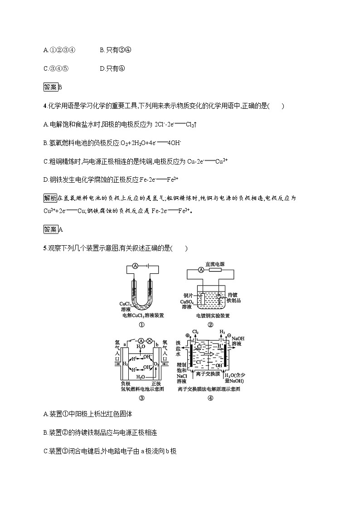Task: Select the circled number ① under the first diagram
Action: point(141,325)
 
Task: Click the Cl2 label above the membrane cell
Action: point(196,332)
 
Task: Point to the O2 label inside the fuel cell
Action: point(156,364)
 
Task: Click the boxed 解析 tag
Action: point(50,198)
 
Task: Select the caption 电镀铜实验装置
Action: point(213,315)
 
